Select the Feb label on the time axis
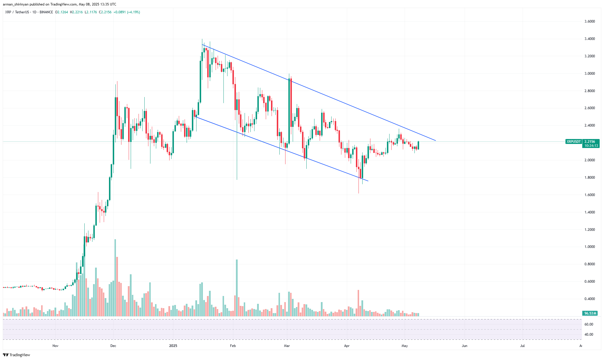pos(233,346)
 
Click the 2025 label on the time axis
pos(173,346)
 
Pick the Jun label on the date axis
pos(464,346)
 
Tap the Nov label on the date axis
pos(55,346)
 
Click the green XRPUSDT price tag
pos(574,142)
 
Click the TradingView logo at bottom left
pos(17,355)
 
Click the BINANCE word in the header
pos(46,12)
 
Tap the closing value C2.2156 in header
pos(105,12)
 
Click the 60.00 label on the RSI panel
pos(589,324)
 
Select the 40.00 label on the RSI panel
pos(589,335)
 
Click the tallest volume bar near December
pos(115,278)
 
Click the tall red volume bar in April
pos(359,303)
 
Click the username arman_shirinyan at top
pos(16,4)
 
